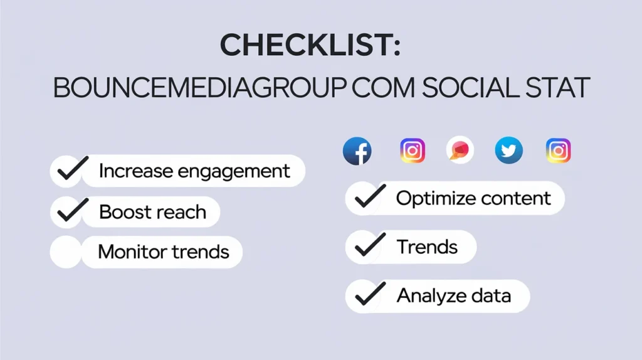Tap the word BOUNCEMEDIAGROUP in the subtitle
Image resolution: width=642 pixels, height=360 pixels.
[x=197, y=88]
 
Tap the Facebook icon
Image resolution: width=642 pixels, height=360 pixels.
[x=357, y=151]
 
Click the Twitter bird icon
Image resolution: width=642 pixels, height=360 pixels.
[x=508, y=151]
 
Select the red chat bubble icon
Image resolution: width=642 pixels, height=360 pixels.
[x=460, y=151]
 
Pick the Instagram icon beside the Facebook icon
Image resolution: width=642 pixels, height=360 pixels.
[x=413, y=151]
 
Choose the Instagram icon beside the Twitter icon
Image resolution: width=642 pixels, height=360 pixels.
[x=558, y=151]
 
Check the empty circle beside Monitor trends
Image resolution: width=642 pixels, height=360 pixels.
[x=66, y=252]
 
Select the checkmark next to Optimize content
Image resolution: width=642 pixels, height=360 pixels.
[x=369, y=198]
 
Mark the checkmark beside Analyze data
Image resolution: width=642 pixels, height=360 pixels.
[x=369, y=295]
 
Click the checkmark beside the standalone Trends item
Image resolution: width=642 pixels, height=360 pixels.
[x=369, y=247]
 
